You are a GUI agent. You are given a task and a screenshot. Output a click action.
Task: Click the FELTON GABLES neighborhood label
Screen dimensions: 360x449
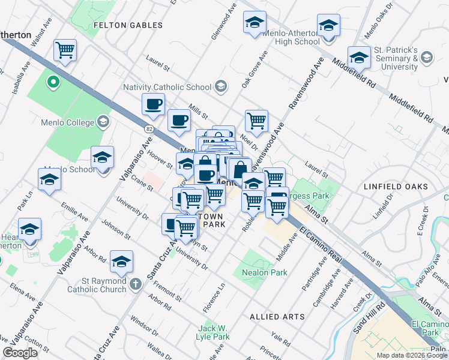coord(128,25)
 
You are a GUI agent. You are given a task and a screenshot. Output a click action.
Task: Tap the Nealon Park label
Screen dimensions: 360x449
coord(265,272)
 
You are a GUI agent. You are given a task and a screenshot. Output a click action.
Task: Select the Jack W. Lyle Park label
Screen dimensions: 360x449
coord(214,332)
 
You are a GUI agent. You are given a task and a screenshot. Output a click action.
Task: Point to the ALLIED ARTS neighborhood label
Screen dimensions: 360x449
coord(277,316)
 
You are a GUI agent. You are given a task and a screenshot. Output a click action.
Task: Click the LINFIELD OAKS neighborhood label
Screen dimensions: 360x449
coord(396,187)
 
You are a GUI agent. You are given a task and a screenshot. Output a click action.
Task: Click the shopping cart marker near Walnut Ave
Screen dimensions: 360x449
coord(65,50)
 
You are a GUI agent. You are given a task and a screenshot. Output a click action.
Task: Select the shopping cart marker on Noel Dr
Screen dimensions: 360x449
coord(256,120)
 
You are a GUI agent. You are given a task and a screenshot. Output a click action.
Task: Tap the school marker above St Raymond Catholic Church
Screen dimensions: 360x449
coord(121,261)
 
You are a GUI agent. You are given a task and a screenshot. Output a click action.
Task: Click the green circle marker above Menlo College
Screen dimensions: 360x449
coord(53,82)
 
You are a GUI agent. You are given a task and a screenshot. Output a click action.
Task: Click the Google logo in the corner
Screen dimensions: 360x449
coord(20,353)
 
